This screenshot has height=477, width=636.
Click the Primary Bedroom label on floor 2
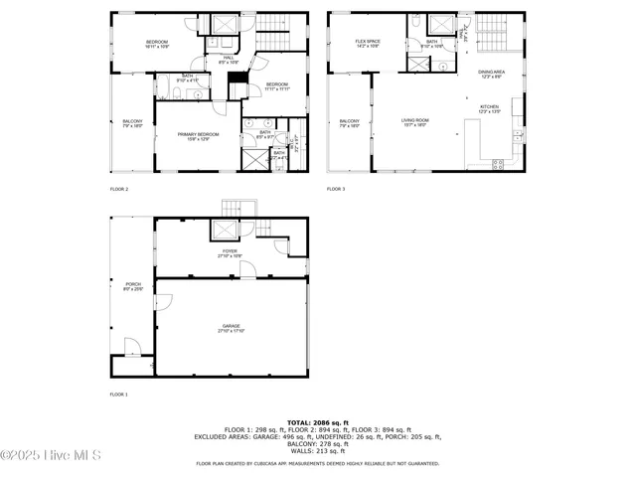tap(198, 136)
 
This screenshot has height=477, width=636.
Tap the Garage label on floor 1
tap(231, 328)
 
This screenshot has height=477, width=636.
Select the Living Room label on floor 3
tap(414, 122)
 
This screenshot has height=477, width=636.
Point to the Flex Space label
tap(369, 43)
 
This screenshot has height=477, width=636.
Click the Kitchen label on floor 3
tap(490, 108)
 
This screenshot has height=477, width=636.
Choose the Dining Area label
tap(491, 73)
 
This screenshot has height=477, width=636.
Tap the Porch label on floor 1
tap(132, 286)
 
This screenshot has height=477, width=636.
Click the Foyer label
tap(229, 253)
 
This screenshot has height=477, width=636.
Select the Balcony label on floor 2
tap(132, 123)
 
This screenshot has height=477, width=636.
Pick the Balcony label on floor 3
tap(349, 123)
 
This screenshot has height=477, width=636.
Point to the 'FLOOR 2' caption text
tap(118, 188)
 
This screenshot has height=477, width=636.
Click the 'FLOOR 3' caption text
tap(336, 188)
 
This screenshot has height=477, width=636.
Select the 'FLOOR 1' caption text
tap(118, 395)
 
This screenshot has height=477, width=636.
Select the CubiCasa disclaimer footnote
tap(317, 463)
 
